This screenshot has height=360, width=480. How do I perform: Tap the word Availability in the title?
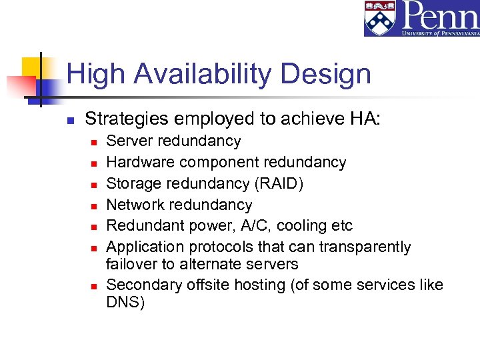[202, 73]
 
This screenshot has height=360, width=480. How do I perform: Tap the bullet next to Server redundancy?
[93, 142]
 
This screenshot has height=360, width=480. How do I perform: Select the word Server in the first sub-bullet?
[129, 141]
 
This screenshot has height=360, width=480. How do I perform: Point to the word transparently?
[365, 247]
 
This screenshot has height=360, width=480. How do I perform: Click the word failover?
[131, 264]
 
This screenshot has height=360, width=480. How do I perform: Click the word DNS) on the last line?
[125, 302]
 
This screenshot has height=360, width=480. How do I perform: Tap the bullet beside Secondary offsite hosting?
[93, 286]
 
